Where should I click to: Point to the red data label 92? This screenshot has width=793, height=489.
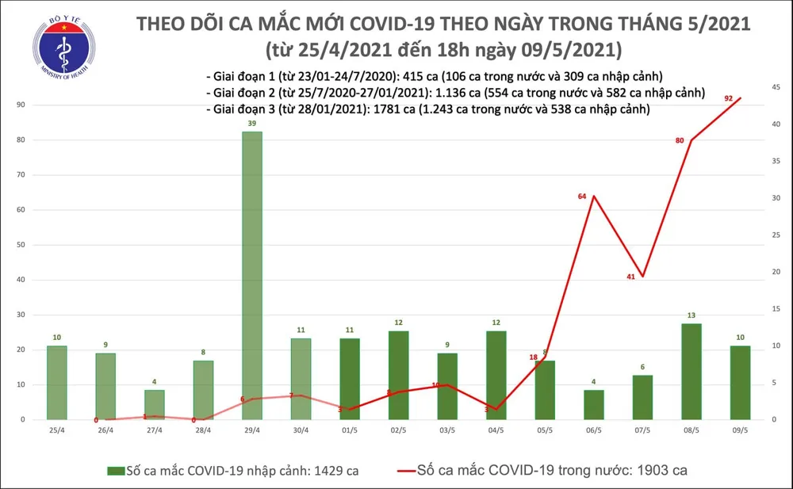tap(728, 98)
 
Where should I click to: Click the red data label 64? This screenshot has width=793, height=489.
tap(582, 196)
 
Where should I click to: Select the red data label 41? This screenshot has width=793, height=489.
tap(631, 277)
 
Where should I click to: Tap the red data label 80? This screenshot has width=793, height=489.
tap(680, 140)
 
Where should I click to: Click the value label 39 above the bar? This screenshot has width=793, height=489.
tap(252, 125)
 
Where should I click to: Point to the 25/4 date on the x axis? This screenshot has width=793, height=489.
tap(56, 430)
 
